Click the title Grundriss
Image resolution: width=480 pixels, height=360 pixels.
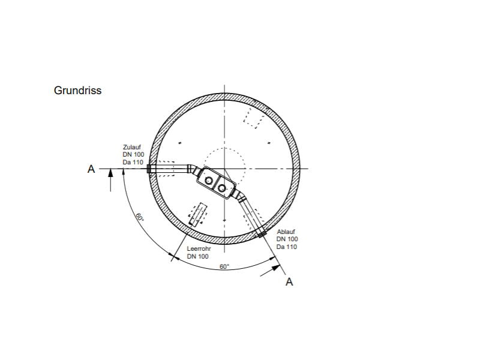pyautogui.click(x=77, y=91)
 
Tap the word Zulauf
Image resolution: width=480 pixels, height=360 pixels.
pyautogui.click(x=132, y=147)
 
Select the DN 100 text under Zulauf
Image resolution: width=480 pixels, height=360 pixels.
pyautogui.click(x=133, y=154)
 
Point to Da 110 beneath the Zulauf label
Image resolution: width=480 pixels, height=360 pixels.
pyautogui.click(x=133, y=162)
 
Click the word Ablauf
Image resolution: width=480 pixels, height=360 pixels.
pyautogui.click(x=286, y=232)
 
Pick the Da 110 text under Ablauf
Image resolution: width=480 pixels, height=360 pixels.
pyautogui.click(x=287, y=247)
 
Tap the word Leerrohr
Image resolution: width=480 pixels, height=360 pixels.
pyautogui.click(x=199, y=248)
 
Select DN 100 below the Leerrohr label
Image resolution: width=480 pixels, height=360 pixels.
pyautogui.click(x=198, y=256)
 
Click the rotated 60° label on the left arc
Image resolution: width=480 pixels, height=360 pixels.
pyautogui.click(x=140, y=217)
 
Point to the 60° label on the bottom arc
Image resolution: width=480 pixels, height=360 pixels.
pyautogui.click(x=224, y=266)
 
